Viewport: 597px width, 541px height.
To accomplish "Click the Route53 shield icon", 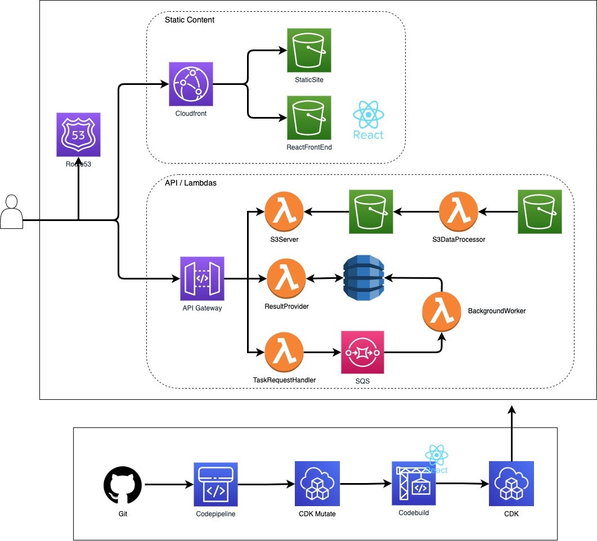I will tap(78, 134).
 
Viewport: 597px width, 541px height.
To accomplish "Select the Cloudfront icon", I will tap(191, 84).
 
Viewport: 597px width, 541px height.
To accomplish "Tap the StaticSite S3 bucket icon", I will tap(309, 50).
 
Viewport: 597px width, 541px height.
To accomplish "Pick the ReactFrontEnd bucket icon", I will tap(309, 118).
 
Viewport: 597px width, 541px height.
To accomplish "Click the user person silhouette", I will tap(12, 212).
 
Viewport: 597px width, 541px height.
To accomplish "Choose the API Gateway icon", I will tap(202, 279).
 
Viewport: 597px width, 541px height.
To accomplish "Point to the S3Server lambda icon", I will tap(284, 212).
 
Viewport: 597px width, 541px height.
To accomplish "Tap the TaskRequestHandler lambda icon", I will tap(284, 352).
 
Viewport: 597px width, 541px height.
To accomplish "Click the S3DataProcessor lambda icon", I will tap(458, 212).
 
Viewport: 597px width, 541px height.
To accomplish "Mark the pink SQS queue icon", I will tap(363, 353).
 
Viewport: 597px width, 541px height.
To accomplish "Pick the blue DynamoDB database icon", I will tap(363, 279).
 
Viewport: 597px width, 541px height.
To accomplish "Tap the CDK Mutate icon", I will tap(317, 483).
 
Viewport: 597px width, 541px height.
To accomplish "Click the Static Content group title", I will tap(190, 20).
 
